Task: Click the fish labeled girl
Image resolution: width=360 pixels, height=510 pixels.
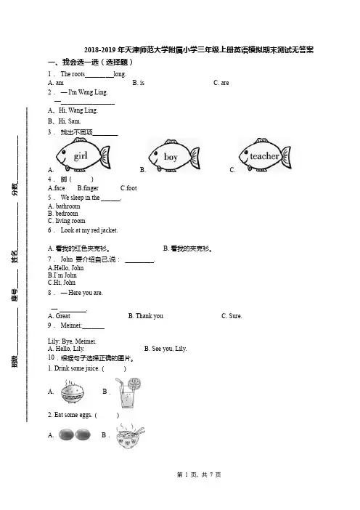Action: (83, 155)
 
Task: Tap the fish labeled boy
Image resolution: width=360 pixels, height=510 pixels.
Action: (173, 155)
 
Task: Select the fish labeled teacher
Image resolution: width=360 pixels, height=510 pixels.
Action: (265, 155)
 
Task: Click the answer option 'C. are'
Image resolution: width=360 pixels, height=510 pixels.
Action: (221, 83)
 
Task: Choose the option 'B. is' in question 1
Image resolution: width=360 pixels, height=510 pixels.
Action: (139, 83)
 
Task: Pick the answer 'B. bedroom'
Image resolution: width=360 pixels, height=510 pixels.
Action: (63, 214)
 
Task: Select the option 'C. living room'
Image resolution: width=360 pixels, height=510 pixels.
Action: (67, 221)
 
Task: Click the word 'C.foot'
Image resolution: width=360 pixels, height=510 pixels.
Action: (128, 188)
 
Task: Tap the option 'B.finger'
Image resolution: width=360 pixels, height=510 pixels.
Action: (88, 188)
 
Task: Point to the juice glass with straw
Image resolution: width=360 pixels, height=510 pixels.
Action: (128, 392)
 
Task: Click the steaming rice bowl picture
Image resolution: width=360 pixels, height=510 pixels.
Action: (73, 392)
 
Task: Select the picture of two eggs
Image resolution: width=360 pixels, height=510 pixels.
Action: (75, 434)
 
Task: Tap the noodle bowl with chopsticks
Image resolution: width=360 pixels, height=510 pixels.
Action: (131, 436)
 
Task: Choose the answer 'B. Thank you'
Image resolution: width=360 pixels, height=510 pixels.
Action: (146, 316)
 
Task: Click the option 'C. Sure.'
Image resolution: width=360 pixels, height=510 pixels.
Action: (232, 316)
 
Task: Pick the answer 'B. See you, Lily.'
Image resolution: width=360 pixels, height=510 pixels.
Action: (165, 349)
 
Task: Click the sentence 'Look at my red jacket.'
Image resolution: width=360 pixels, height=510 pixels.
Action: (89, 230)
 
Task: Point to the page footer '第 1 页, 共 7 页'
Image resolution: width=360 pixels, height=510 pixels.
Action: (199, 475)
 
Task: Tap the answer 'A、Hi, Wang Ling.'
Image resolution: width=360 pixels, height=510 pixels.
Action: (73, 110)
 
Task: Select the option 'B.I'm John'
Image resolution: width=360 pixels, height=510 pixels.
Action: (62, 275)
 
